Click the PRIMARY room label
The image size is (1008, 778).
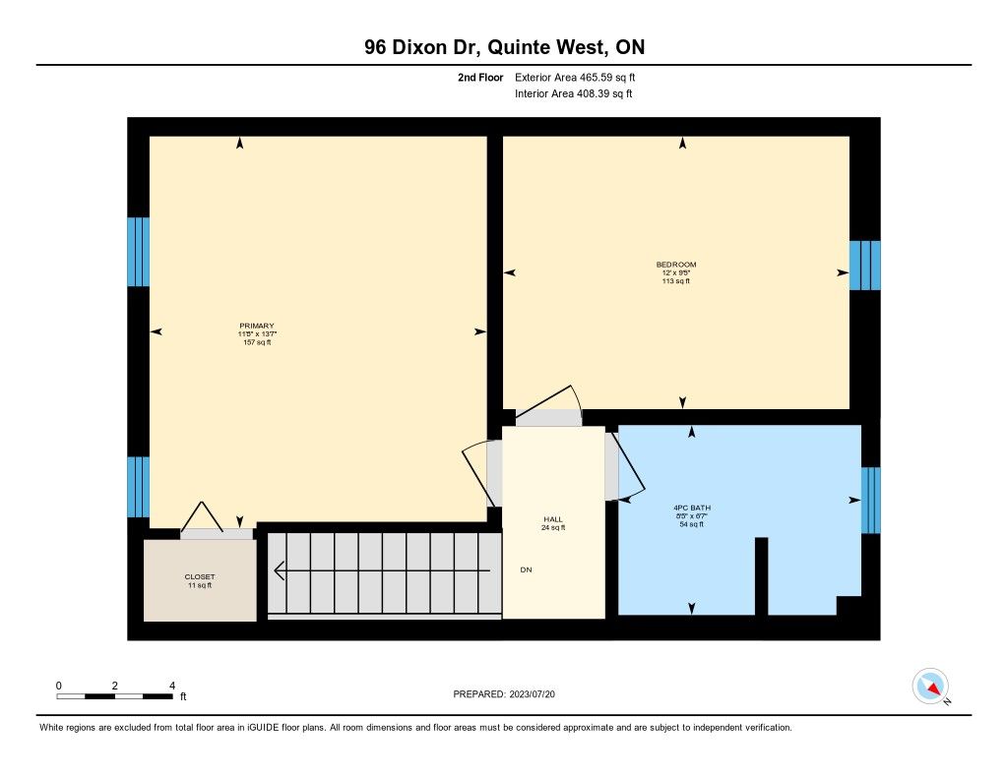257,326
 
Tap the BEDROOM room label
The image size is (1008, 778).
675,264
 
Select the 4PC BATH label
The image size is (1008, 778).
692,508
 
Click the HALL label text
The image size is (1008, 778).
553,519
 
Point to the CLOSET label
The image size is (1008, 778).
199,577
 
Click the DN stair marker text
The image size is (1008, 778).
526,569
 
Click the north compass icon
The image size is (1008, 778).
931,687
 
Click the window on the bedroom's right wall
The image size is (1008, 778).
864,266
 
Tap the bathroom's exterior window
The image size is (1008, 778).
870,500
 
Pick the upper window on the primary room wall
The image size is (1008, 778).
138,252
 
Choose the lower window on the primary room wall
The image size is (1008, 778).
138,487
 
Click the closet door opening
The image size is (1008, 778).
217,534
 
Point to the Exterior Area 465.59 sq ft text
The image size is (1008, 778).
575,77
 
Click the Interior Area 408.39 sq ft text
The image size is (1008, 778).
574,93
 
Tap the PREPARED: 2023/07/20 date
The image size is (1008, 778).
504,693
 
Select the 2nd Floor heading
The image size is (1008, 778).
480,77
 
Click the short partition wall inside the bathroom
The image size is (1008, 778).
761,576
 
